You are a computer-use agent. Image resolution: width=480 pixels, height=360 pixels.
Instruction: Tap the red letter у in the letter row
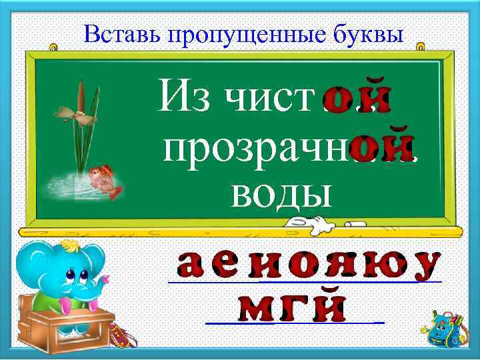pos(425,266)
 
